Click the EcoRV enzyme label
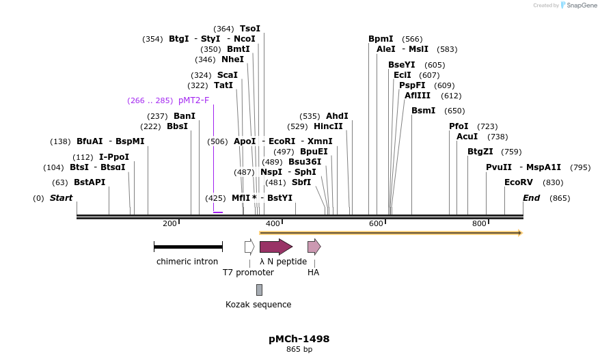tap(518, 182)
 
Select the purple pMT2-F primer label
tap(193, 100)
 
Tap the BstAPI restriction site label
tap(90, 182)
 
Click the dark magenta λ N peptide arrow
tap(275, 247)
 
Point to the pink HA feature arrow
tap(314, 247)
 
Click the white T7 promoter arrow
tap(249, 247)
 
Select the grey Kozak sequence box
tap(259, 290)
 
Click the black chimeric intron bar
tap(188, 247)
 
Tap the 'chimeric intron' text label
tap(187, 261)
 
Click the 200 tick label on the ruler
tap(169, 223)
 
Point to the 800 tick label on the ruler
tap(479, 223)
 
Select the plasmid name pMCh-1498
tap(299, 339)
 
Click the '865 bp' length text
tap(299, 350)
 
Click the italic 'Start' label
tap(61, 198)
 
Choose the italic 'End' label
tap(531, 198)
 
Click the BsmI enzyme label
tap(423, 111)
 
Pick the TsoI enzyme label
tap(249, 29)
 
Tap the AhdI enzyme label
tap(337, 116)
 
